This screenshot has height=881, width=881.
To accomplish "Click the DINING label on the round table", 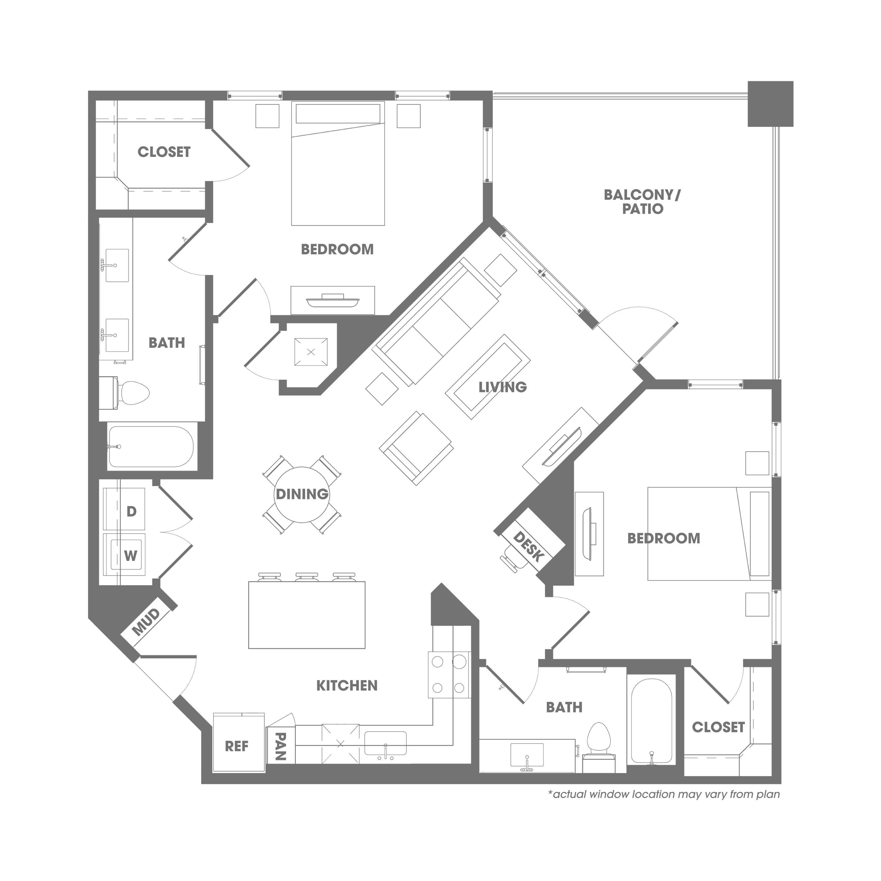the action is tap(302, 494).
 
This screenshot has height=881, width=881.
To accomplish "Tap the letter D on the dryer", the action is tap(131, 511).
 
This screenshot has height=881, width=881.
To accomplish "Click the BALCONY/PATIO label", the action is tap(642, 201).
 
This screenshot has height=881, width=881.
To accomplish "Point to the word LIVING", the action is tap(502, 387).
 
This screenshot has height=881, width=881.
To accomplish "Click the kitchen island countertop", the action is tap(306, 615).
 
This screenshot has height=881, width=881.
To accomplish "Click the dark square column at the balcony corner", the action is tap(770, 104).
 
